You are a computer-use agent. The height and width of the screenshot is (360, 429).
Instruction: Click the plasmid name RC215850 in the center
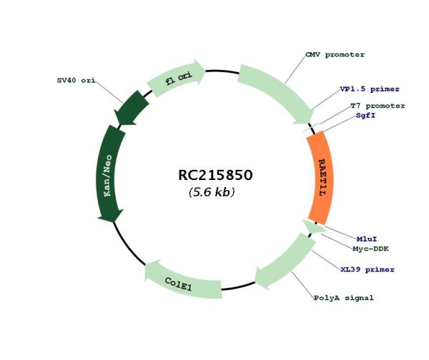[x=215, y=175]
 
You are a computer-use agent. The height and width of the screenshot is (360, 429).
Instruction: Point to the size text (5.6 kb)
[x=212, y=191]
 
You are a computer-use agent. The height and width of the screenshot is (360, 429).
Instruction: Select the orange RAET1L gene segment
[x=320, y=178]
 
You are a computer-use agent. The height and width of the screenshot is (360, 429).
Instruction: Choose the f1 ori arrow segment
[x=177, y=78]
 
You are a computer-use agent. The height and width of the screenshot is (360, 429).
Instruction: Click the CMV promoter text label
[x=335, y=55]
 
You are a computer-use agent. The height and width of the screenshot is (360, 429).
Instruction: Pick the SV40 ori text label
[x=76, y=81]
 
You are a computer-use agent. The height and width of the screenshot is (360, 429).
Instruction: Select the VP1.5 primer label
[x=370, y=89]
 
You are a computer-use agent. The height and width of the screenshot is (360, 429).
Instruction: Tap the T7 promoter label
[x=378, y=106]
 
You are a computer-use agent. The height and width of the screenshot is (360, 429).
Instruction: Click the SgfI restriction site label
[x=365, y=116]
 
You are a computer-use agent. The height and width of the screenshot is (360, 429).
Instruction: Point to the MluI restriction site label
[x=367, y=239]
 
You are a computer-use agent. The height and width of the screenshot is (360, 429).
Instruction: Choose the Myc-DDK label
[x=370, y=249]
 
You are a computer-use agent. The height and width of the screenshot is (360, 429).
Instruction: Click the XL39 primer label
[x=368, y=269]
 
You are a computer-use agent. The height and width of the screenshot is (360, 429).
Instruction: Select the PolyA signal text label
[x=344, y=298]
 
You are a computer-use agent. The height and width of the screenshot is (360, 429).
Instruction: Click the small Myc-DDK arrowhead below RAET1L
[x=312, y=226]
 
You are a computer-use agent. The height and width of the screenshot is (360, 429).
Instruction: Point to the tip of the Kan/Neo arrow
[x=113, y=222]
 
